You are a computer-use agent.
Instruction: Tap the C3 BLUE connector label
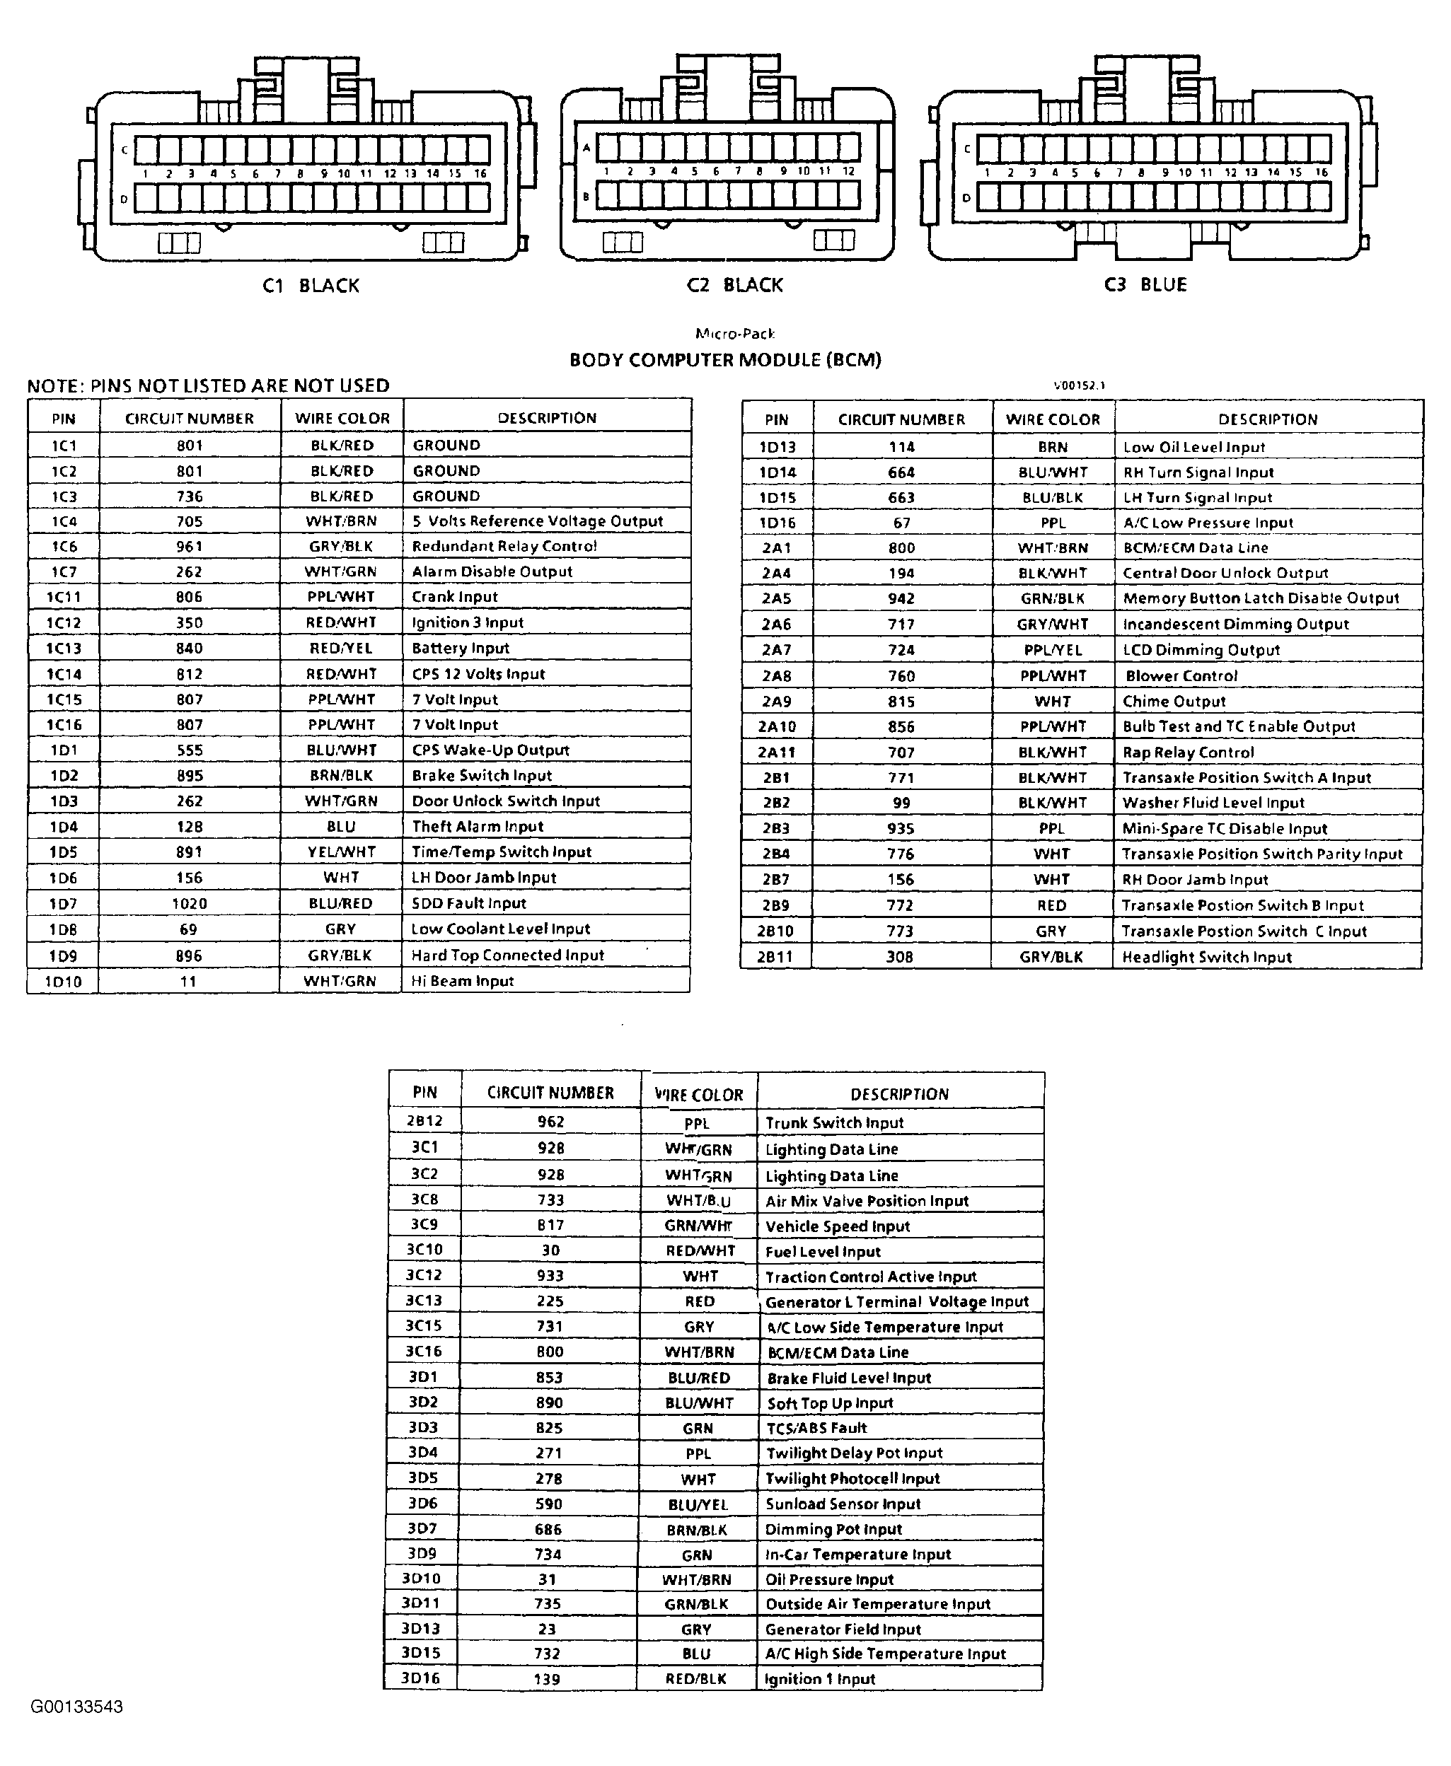[1145, 285]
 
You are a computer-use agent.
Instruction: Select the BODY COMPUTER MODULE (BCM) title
[724, 360]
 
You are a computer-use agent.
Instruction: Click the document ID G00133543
[77, 1707]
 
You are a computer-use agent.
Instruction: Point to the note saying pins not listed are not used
[208, 386]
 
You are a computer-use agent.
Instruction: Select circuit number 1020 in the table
[189, 903]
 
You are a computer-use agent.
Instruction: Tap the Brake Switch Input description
[482, 775]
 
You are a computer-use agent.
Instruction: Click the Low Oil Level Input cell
[1193, 447]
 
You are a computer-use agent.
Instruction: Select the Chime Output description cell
[1174, 702]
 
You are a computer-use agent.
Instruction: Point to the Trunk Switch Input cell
[834, 1122]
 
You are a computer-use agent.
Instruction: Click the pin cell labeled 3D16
[420, 1678]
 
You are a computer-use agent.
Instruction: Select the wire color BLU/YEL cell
[698, 1504]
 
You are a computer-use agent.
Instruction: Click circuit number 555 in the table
[190, 750]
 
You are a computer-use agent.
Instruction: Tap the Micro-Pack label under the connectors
[734, 334]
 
